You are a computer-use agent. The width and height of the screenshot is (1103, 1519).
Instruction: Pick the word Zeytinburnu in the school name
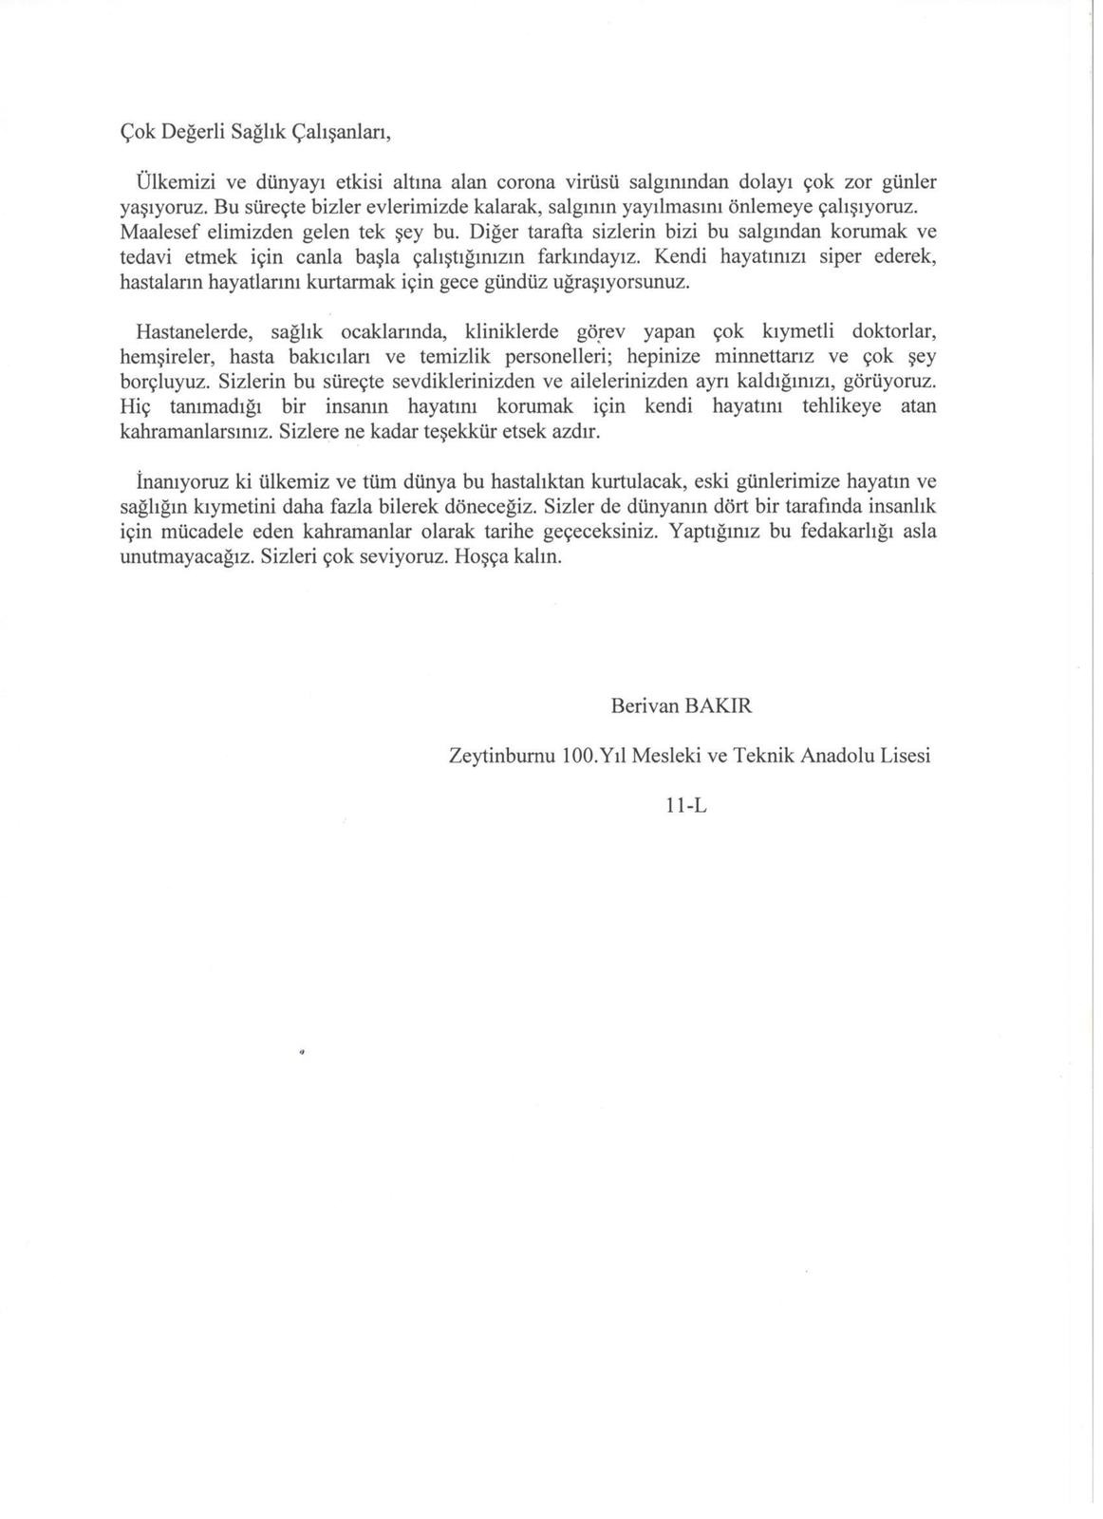(500, 757)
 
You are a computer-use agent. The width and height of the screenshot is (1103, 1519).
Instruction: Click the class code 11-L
(687, 806)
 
